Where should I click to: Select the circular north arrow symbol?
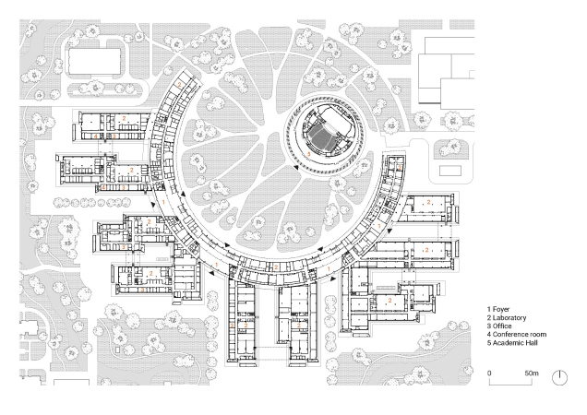560,377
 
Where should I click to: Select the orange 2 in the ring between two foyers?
276,267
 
